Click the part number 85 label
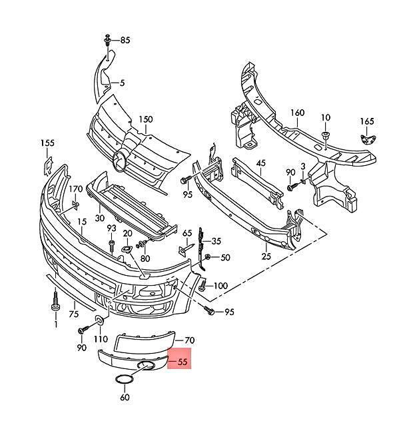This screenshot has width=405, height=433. click(x=125, y=41)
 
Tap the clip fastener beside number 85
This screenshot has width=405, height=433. click(x=107, y=41)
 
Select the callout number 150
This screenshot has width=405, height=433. click(x=145, y=119)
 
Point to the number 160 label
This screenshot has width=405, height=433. click(x=297, y=113)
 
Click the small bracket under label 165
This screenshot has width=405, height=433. click(x=368, y=139)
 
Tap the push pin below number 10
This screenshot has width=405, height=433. click(x=326, y=135)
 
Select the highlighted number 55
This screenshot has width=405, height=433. click(x=183, y=362)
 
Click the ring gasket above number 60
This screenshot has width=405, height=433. click(x=125, y=380)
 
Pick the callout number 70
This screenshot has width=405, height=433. click(x=189, y=340)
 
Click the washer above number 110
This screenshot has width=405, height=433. click(x=99, y=320)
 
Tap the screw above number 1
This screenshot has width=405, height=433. click(x=55, y=303)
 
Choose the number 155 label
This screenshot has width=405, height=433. click(x=47, y=143)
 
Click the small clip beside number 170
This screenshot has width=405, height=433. click(x=75, y=205)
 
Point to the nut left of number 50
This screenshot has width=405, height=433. click(x=208, y=257)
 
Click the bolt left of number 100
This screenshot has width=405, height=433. click(x=202, y=286)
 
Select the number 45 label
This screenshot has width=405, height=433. click(x=260, y=163)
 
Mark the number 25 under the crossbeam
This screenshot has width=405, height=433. click(x=266, y=256)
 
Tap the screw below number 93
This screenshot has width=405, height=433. click(x=112, y=246)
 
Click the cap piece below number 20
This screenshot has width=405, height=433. click(x=127, y=250)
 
